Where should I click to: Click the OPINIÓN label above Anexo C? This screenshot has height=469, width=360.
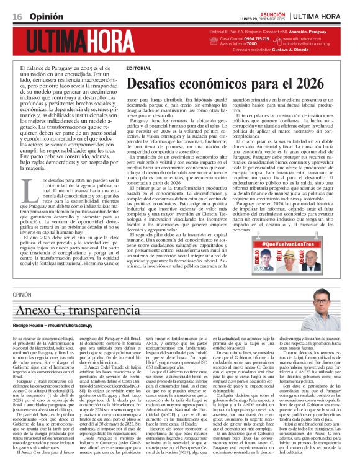(x=22, y=296)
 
